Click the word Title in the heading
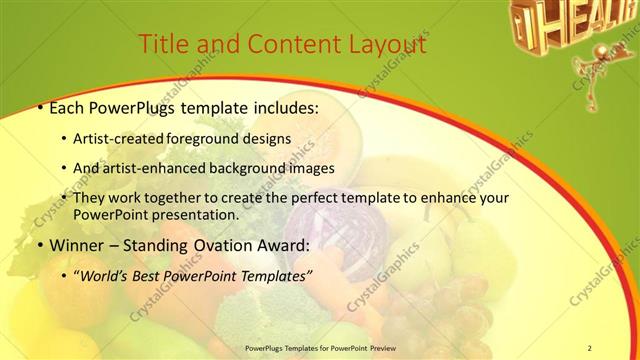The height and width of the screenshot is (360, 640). pyautogui.click(x=161, y=45)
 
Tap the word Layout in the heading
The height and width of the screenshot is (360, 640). pyautogui.click(x=383, y=45)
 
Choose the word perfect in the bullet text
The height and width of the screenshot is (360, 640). pyautogui.click(x=311, y=198)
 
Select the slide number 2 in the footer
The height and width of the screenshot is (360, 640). pyautogui.click(x=589, y=347)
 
